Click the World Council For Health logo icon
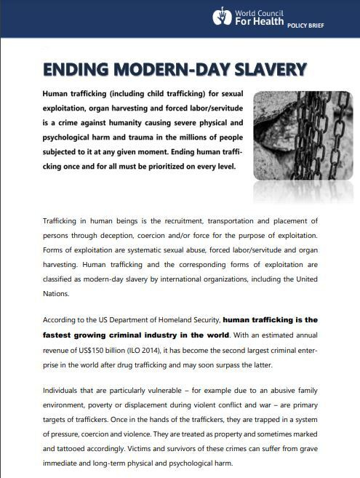tap(221, 16)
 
